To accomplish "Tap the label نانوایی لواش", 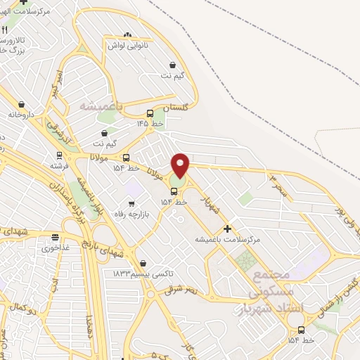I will click(126, 45).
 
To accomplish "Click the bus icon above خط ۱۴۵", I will click(150, 113).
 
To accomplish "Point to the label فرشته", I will click(58, 167).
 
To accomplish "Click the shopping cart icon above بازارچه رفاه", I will click(131, 204).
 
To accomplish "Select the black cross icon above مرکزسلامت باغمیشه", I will click(226, 229).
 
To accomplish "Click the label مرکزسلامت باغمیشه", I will click(228, 240).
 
